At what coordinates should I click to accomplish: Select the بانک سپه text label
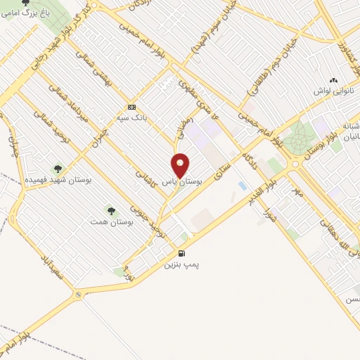point(131,118)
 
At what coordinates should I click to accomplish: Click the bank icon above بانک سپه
point(131,107)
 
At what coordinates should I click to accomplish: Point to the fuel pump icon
point(182,254)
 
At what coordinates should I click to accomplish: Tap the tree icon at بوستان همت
point(110,210)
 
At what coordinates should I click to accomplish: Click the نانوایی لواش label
point(335,92)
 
